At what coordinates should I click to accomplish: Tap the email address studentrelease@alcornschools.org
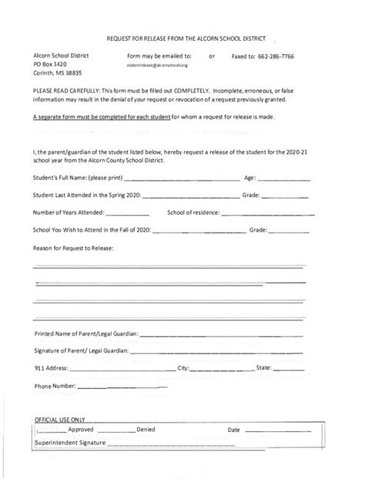[157, 67]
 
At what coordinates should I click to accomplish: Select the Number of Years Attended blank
[128, 213]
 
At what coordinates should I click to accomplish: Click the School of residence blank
[266, 213]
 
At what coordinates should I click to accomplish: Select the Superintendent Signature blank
[208, 445]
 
